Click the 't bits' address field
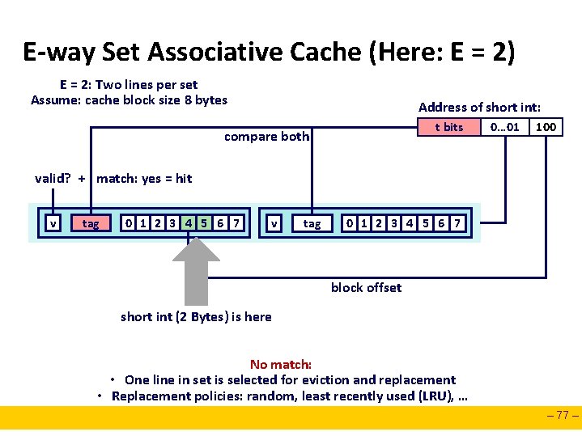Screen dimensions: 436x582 (x=448, y=127)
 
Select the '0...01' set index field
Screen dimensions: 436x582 (x=505, y=127)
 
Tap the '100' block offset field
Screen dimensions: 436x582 (x=546, y=127)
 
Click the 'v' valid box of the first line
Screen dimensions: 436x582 (x=53, y=222)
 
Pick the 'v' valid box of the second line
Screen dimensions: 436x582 (x=275, y=222)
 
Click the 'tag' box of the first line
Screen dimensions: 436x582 (x=91, y=222)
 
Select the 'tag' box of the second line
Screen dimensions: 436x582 (x=312, y=222)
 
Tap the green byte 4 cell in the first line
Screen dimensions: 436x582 (x=188, y=222)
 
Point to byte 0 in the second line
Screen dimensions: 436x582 (x=349, y=222)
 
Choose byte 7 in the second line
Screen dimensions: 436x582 (x=457, y=222)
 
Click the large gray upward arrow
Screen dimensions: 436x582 (x=196, y=271)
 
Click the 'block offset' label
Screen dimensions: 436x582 (x=366, y=287)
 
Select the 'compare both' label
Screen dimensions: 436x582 (x=266, y=137)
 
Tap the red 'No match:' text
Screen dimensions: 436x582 (x=281, y=365)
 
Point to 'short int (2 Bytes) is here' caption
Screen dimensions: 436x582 (x=196, y=316)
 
